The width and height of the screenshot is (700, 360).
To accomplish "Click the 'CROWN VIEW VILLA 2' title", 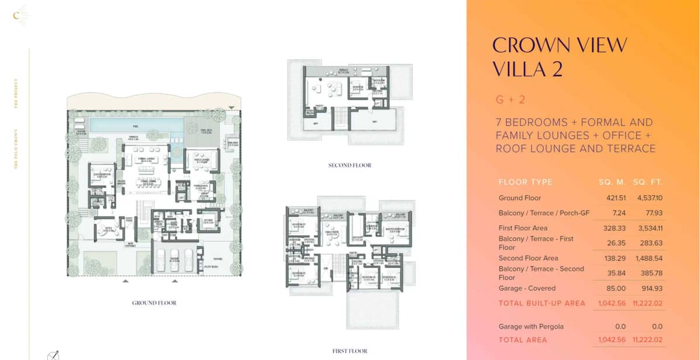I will tap(560, 57).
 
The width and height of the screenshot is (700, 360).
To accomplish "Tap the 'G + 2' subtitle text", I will tap(510, 100).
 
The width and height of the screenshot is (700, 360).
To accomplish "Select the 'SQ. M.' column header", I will tap(611, 182).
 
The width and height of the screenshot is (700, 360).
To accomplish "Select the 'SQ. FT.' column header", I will tap(647, 182).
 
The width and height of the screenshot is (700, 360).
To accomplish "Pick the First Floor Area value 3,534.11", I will tap(647, 228).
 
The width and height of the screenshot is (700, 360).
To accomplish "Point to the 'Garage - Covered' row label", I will tap(527, 288).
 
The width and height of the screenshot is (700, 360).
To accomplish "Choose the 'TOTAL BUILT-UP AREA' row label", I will tap(542, 303).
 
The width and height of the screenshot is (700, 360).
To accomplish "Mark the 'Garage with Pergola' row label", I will tap(531, 327).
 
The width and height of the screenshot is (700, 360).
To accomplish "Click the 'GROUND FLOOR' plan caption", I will tap(154, 303).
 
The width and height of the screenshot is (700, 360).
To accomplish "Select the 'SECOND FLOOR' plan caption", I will tap(349, 166).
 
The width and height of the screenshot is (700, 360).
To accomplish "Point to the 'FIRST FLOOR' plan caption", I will tap(349, 351).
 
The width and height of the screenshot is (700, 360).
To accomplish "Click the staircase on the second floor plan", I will tap(340, 118).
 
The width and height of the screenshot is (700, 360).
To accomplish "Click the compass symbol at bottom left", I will tap(53, 354).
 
